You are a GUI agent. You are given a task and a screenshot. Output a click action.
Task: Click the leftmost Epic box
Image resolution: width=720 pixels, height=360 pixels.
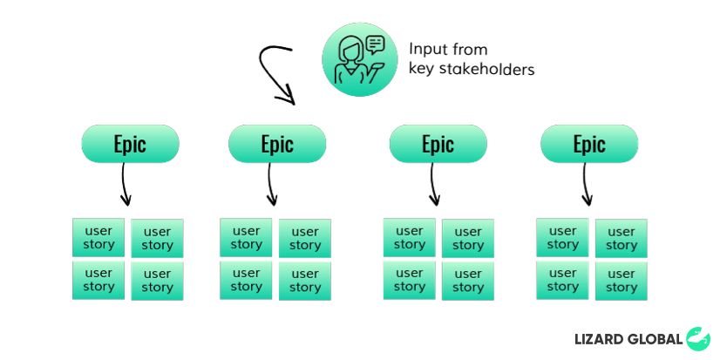click(131, 144)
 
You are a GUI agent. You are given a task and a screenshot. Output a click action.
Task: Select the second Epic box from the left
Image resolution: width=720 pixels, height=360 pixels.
click(277, 144)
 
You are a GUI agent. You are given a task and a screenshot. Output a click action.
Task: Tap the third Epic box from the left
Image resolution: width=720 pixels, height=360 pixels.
click(438, 144)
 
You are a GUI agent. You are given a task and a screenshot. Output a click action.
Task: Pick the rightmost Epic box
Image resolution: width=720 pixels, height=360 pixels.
click(589, 144)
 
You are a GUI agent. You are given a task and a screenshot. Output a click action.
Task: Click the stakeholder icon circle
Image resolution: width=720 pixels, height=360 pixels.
click(360, 59)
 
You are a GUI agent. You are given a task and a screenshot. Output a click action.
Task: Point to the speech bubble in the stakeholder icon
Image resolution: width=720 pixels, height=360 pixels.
click(375, 45)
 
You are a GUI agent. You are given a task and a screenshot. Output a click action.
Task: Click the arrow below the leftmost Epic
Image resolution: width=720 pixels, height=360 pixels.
click(124, 185)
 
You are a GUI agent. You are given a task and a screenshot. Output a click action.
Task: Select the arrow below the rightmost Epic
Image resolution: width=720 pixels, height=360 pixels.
click(585, 185)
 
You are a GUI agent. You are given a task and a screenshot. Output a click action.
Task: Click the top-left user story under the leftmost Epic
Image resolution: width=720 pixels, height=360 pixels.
click(98, 237)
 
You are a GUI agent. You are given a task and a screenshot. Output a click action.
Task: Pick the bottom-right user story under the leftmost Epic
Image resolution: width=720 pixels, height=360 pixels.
click(157, 281)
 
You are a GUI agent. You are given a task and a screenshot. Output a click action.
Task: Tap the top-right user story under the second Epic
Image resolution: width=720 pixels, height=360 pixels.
click(305, 238)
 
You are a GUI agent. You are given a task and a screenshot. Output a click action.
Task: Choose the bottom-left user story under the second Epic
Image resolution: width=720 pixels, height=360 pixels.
click(246, 280)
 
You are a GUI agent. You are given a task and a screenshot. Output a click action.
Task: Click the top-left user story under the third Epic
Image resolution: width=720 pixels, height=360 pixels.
click(410, 237)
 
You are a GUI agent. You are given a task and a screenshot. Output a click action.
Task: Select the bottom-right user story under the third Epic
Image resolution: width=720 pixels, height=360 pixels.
click(468, 281)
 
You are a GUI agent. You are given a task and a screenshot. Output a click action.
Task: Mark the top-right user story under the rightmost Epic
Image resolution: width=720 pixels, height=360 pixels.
click(622, 238)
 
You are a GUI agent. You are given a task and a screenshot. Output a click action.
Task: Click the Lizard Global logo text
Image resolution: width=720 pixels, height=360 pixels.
click(628, 339)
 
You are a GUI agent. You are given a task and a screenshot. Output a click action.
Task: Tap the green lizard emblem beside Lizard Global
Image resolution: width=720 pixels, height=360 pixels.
click(698, 338)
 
